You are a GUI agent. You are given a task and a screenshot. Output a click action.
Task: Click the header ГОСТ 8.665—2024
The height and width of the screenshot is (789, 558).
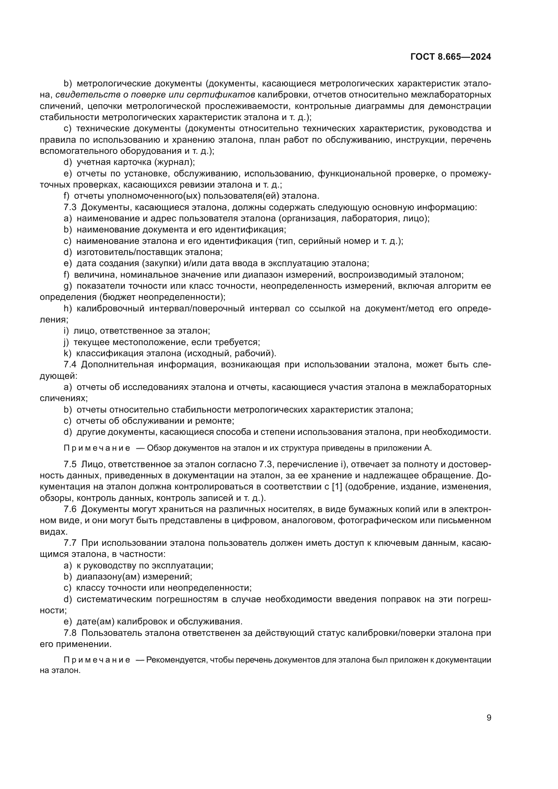(x=450, y=57)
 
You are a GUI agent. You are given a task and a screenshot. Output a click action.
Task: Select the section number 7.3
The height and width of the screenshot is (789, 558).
(x=70, y=207)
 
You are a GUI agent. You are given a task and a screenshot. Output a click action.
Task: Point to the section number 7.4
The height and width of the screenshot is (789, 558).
(x=70, y=365)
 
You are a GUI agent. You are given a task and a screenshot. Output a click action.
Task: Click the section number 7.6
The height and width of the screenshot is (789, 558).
(x=70, y=509)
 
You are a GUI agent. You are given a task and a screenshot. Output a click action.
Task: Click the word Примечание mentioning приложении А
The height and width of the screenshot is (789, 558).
(x=97, y=448)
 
